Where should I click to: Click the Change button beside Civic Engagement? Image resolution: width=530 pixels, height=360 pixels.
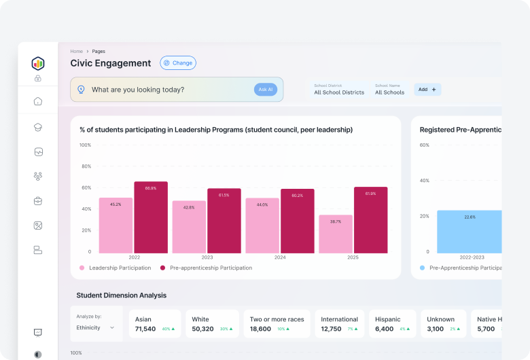click(x=178, y=63)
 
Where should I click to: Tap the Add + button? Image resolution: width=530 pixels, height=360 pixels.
click(x=427, y=90)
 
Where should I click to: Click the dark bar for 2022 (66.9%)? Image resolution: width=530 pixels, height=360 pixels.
click(x=151, y=217)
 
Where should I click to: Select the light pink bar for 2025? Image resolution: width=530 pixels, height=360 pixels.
click(x=336, y=234)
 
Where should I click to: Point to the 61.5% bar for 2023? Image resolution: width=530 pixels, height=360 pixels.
click(x=224, y=221)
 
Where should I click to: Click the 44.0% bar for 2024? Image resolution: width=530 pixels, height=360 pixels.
click(x=262, y=226)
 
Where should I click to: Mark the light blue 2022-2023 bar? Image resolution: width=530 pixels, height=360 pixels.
click(x=470, y=231)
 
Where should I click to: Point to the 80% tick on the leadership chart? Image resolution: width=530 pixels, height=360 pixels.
click(x=86, y=166)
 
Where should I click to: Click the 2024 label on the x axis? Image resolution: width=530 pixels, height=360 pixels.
click(x=280, y=258)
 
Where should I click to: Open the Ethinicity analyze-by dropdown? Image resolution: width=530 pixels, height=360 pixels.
click(x=95, y=327)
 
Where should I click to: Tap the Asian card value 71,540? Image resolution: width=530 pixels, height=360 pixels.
click(x=145, y=329)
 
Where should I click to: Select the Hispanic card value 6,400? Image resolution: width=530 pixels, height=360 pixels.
click(x=384, y=329)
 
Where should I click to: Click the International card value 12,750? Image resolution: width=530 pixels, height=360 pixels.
click(x=331, y=329)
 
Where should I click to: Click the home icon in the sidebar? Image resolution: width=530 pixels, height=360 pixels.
click(x=38, y=102)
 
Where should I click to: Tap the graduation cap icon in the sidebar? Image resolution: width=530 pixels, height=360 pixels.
click(x=38, y=127)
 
